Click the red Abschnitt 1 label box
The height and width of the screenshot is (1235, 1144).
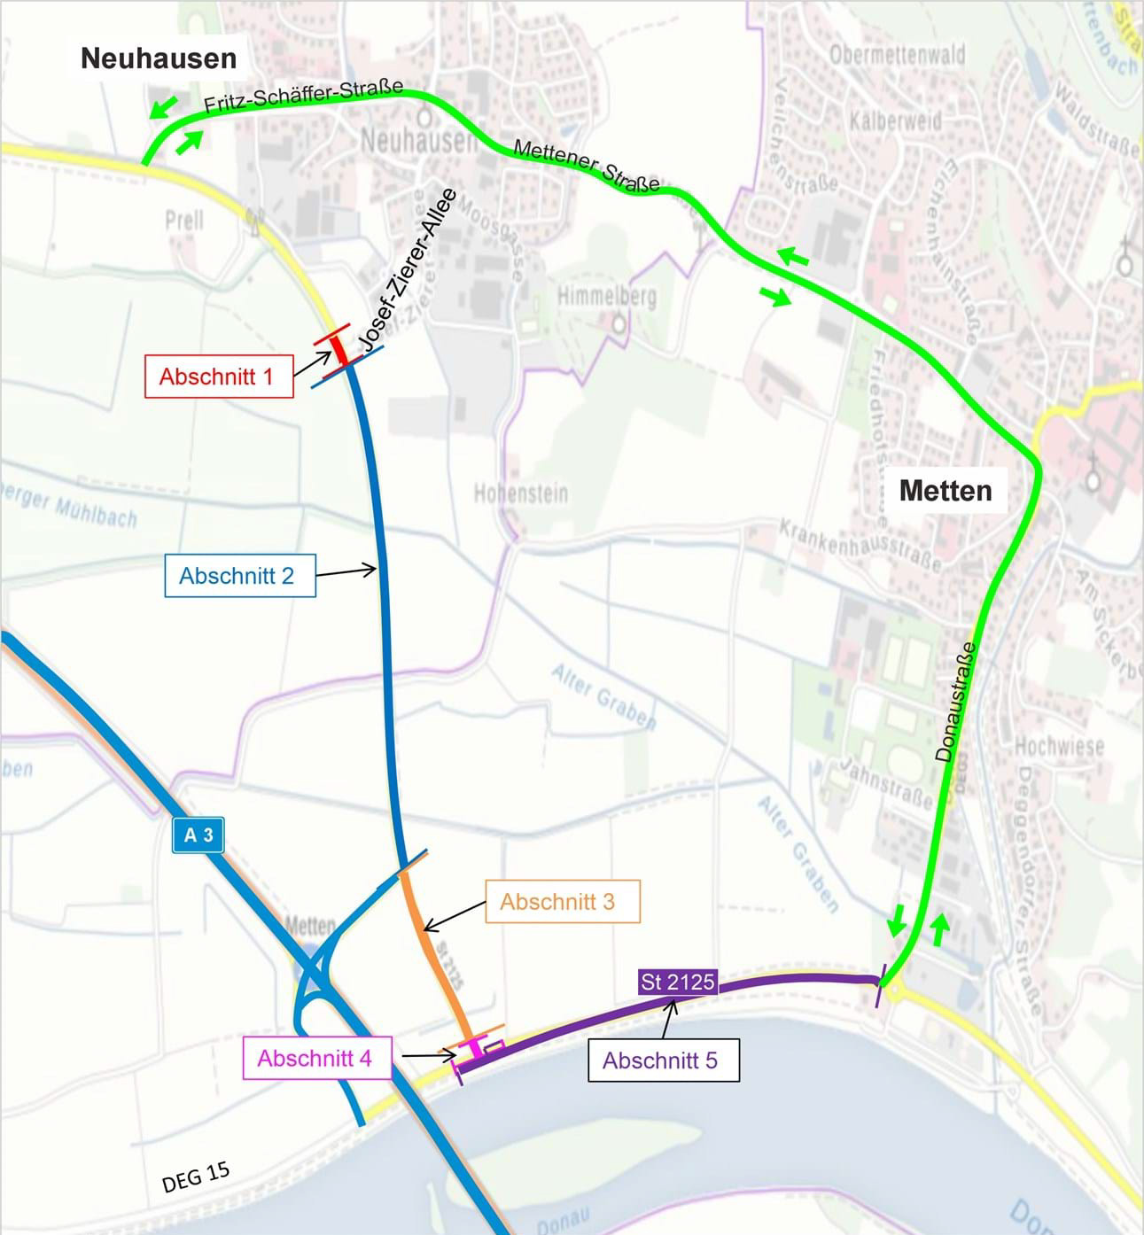pyautogui.click(x=218, y=377)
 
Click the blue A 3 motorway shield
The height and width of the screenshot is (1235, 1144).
pyautogui.click(x=198, y=835)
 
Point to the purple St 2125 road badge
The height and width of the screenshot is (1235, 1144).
pyautogui.click(x=677, y=982)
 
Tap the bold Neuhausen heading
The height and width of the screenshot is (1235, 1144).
pyautogui.click(x=159, y=58)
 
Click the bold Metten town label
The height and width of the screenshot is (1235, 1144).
pyautogui.click(x=946, y=490)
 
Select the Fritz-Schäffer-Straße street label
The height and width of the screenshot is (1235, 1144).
pyautogui.click(x=303, y=96)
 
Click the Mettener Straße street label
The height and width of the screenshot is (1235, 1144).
pyautogui.click(x=587, y=166)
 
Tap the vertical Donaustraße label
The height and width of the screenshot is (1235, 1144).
pyautogui.click(x=956, y=702)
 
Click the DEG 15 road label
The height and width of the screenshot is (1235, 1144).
pyautogui.click(x=196, y=1177)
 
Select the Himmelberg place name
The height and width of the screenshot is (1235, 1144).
pyautogui.click(x=607, y=296)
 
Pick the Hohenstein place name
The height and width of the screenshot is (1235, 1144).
pyautogui.click(x=520, y=493)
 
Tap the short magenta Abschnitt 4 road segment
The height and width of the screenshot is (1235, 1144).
pyautogui.click(x=476, y=1046)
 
